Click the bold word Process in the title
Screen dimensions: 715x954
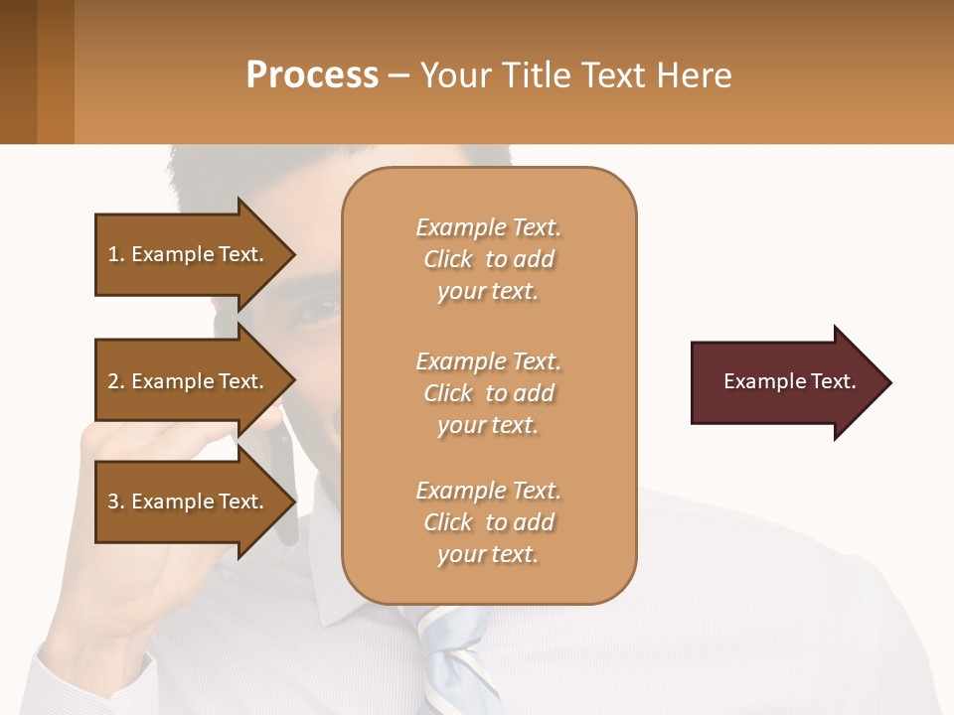pyautogui.click(x=312, y=75)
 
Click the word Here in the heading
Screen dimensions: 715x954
pyautogui.click(x=693, y=75)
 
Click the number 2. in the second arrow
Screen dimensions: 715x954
pyautogui.click(x=115, y=381)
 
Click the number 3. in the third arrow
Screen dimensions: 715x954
pyautogui.click(x=115, y=501)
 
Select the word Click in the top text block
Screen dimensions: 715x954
pyautogui.click(x=448, y=259)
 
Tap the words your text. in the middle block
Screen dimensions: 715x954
pyautogui.click(x=488, y=425)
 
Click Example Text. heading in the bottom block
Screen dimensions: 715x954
pyautogui.click(x=488, y=491)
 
